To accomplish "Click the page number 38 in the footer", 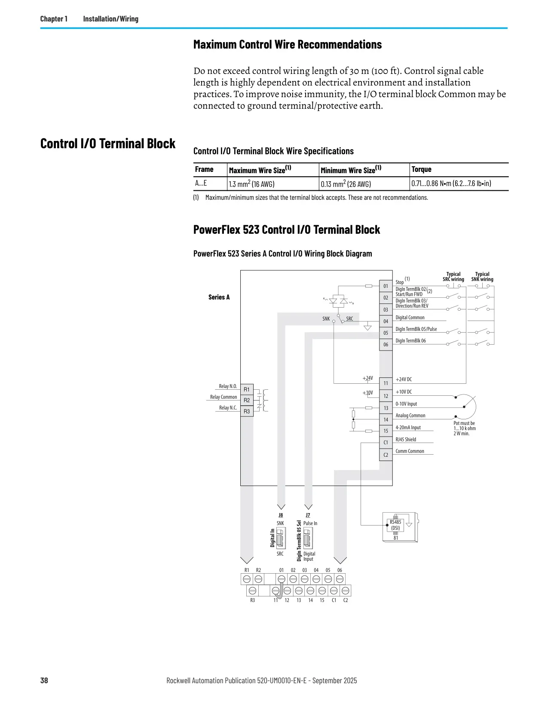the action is pos(44,680).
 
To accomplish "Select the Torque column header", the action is pos(421,169).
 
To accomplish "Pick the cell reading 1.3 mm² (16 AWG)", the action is pos(251,183).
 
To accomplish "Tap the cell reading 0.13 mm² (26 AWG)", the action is pos(346,183).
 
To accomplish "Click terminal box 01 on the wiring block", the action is pos(386,286).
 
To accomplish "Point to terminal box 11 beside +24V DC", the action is pos(386,383).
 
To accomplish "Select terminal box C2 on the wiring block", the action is pos(386,455).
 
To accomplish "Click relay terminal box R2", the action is pos(247,400).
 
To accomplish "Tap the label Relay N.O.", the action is pos(228,386).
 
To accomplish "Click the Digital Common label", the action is pos(410,318).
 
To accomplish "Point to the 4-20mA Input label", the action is pos(408,428).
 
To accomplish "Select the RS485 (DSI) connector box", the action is pos(395,525).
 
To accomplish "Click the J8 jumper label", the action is pos(281,515).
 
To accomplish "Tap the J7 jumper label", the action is pos(308,515).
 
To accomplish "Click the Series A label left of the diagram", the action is pos(219,297).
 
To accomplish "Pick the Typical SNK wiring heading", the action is pos(482,277).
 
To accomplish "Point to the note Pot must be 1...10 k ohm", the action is pos(465,426).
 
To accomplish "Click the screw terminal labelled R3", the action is pos(252,590).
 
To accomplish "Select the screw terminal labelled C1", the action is pos(334,590).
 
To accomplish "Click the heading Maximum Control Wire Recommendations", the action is pos(288,44).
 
